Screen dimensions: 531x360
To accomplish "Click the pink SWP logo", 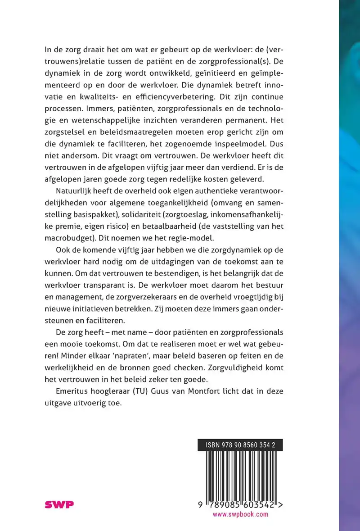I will coord(59,504).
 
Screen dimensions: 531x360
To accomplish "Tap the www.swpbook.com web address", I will coord(240,514).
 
